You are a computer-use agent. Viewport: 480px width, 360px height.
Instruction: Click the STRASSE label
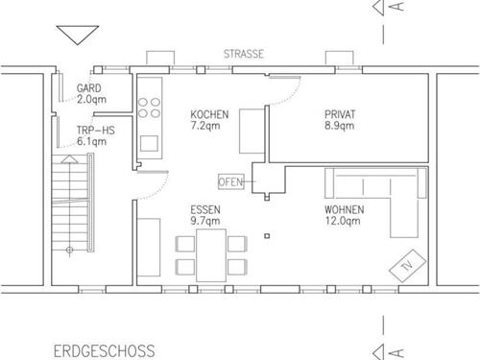(244, 54)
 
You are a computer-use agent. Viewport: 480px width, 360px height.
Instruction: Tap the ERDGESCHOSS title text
(105, 351)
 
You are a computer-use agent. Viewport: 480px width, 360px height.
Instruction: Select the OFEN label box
(231, 182)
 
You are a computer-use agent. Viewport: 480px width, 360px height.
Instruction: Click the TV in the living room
(407, 266)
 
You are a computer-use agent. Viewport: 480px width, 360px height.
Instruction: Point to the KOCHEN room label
(209, 114)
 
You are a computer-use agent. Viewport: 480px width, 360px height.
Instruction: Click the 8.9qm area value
(339, 126)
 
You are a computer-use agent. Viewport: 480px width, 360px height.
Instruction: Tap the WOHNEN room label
(344, 209)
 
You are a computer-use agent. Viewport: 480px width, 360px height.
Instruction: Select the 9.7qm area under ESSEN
(205, 221)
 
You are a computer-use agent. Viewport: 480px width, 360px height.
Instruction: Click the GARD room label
(88, 88)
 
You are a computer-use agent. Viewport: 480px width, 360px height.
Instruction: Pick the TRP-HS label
(95, 131)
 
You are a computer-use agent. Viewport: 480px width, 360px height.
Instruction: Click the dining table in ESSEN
(211, 255)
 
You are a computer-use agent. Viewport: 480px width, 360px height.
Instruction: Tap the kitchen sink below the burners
(149, 143)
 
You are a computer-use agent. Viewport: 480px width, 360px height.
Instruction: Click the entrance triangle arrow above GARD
(78, 35)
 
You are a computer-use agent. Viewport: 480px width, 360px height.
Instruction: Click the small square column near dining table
(267, 236)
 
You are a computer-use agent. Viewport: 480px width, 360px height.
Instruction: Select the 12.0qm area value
(343, 221)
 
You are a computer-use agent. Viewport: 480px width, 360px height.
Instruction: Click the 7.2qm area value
(205, 126)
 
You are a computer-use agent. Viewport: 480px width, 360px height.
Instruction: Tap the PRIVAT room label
(340, 114)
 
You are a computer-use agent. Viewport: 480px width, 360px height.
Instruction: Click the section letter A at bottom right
(397, 352)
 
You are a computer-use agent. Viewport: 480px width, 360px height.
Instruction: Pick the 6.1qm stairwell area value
(91, 141)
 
